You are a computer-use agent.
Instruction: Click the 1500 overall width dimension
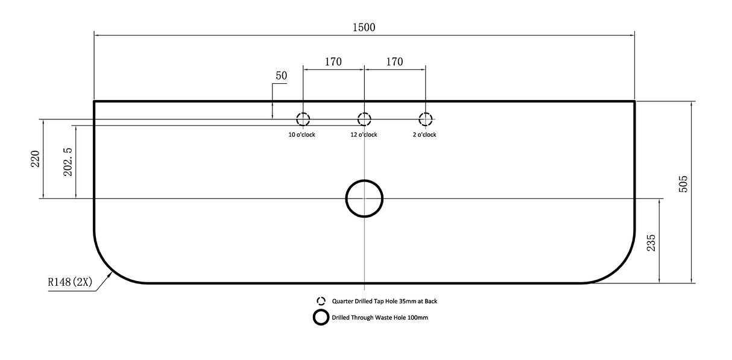(x=364, y=28)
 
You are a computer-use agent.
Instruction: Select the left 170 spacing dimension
(x=333, y=62)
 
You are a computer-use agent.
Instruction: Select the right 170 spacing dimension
(x=394, y=62)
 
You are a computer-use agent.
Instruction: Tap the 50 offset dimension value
(x=282, y=76)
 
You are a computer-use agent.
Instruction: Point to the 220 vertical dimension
(x=36, y=159)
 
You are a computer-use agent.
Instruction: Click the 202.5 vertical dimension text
(x=68, y=162)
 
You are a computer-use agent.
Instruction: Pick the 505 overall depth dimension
(x=683, y=184)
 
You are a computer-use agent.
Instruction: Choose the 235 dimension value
(x=651, y=243)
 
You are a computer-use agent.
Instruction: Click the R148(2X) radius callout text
(x=71, y=282)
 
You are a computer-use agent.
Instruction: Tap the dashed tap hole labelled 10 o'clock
(x=303, y=113)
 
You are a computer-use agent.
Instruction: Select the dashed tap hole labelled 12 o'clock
(x=364, y=113)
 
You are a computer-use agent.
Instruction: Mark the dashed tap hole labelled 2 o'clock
(x=426, y=113)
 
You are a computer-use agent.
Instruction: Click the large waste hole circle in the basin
(x=364, y=180)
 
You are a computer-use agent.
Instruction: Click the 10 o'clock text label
(x=301, y=134)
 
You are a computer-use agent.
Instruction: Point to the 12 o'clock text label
(x=364, y=134)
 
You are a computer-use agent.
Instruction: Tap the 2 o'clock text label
(x=424, y=134)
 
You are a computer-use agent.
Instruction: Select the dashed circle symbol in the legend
(x=321, y=297)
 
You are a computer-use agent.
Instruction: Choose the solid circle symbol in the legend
(x=321, y=310)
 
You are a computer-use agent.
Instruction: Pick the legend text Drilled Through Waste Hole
(x=369, y=318)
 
